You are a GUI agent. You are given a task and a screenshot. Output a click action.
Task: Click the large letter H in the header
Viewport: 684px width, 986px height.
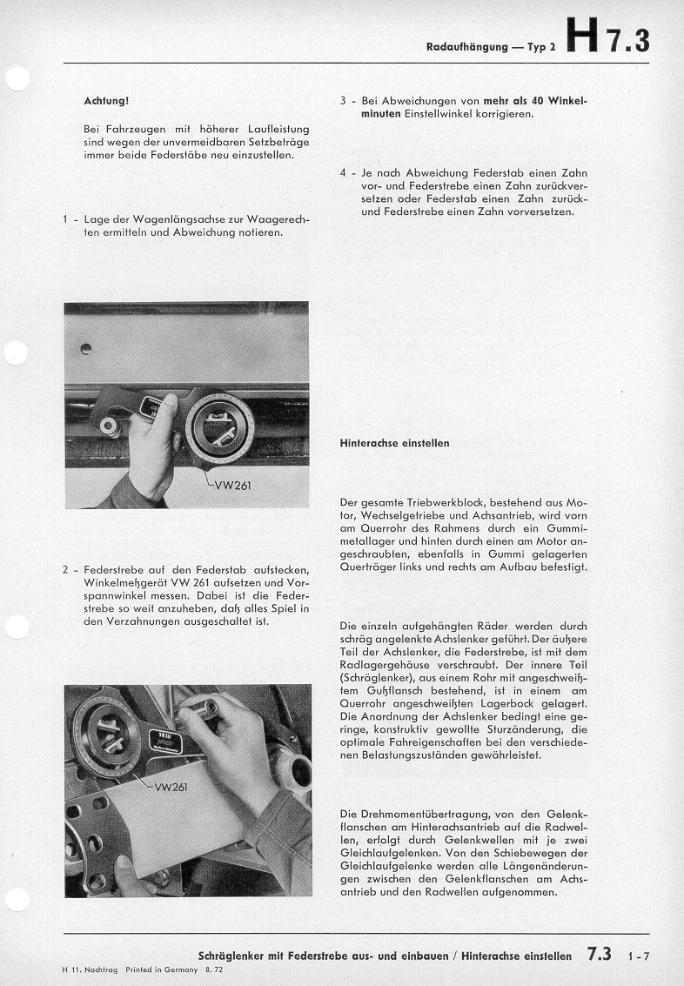[580, 39]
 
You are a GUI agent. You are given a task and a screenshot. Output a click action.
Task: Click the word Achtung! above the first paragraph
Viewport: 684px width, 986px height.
[106, 101]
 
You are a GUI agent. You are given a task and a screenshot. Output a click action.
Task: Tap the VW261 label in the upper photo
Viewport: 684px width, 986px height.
[232, 485]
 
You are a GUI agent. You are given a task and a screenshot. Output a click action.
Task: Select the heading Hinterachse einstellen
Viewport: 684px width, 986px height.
[394, 443]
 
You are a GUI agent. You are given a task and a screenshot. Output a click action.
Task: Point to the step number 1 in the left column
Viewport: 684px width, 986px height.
[66, 219]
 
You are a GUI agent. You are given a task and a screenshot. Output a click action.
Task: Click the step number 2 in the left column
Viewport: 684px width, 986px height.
[66, 570]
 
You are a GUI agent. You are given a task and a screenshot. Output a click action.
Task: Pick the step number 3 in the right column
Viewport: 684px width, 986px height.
[344, 101]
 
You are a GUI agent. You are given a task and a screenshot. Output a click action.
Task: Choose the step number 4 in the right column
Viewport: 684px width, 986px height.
[344, 173]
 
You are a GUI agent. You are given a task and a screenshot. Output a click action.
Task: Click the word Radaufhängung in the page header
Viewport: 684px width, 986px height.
[466, 47]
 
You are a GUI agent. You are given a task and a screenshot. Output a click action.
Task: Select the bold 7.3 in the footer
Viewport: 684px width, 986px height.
[600, 954]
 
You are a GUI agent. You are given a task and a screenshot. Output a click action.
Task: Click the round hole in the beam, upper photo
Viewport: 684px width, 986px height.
[85, 350]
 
